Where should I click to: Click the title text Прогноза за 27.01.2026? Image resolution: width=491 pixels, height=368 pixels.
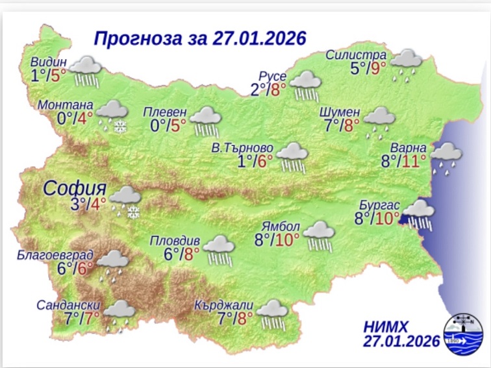(199, 38)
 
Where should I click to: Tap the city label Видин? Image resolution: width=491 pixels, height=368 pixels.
(48, 62)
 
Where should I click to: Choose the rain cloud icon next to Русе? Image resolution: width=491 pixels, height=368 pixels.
(305, 86)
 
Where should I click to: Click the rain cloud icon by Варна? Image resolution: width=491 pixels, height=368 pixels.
(446, 158)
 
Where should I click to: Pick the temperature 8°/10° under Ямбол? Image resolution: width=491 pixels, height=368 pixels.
(278, 240)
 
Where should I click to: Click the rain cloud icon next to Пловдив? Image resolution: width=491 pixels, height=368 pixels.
(220, 251)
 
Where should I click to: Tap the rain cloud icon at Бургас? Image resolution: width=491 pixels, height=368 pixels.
(420, 214)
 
